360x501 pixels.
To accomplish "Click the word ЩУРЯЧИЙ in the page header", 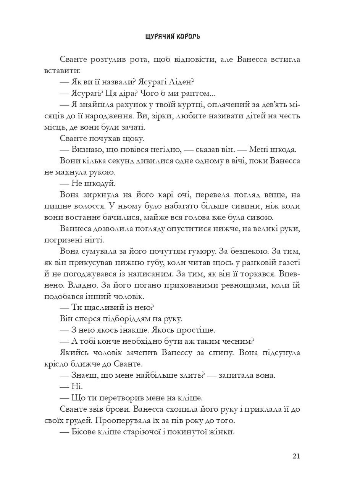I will click(x=160, y=37).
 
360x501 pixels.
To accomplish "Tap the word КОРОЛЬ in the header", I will click(x=188, y=37).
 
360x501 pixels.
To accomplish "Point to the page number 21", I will click(x=296, y=456).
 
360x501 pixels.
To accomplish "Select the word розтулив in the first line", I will click(x=105, y=60).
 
